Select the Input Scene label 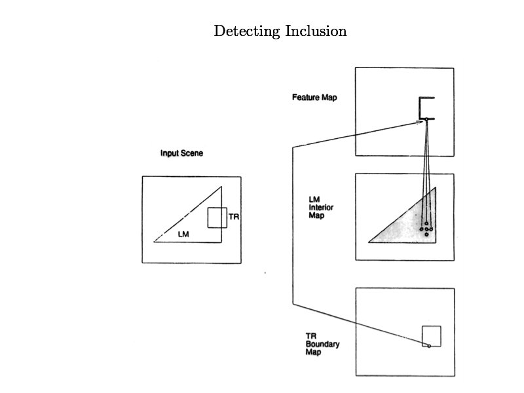tap(182, 153)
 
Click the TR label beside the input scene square tap(234, 215)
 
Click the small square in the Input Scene tap(217, 217)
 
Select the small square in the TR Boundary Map tap(431, 335)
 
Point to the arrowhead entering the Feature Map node tap(421, 120)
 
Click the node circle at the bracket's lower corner tap(426, 119)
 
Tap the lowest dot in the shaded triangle tap(426, 234)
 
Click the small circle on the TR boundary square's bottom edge tap(429, 345)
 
